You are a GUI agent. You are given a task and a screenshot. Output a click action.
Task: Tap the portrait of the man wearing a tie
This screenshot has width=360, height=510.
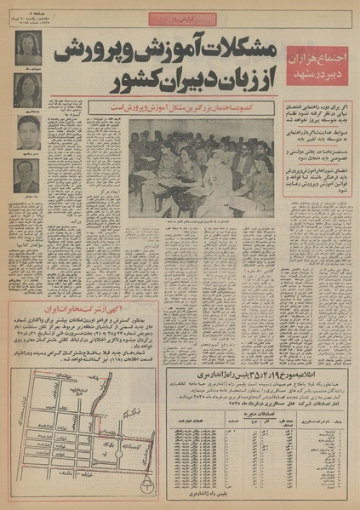tap(28, 177)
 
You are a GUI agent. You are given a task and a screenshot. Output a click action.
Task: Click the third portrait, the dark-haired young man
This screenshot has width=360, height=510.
tap(28, 132)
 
